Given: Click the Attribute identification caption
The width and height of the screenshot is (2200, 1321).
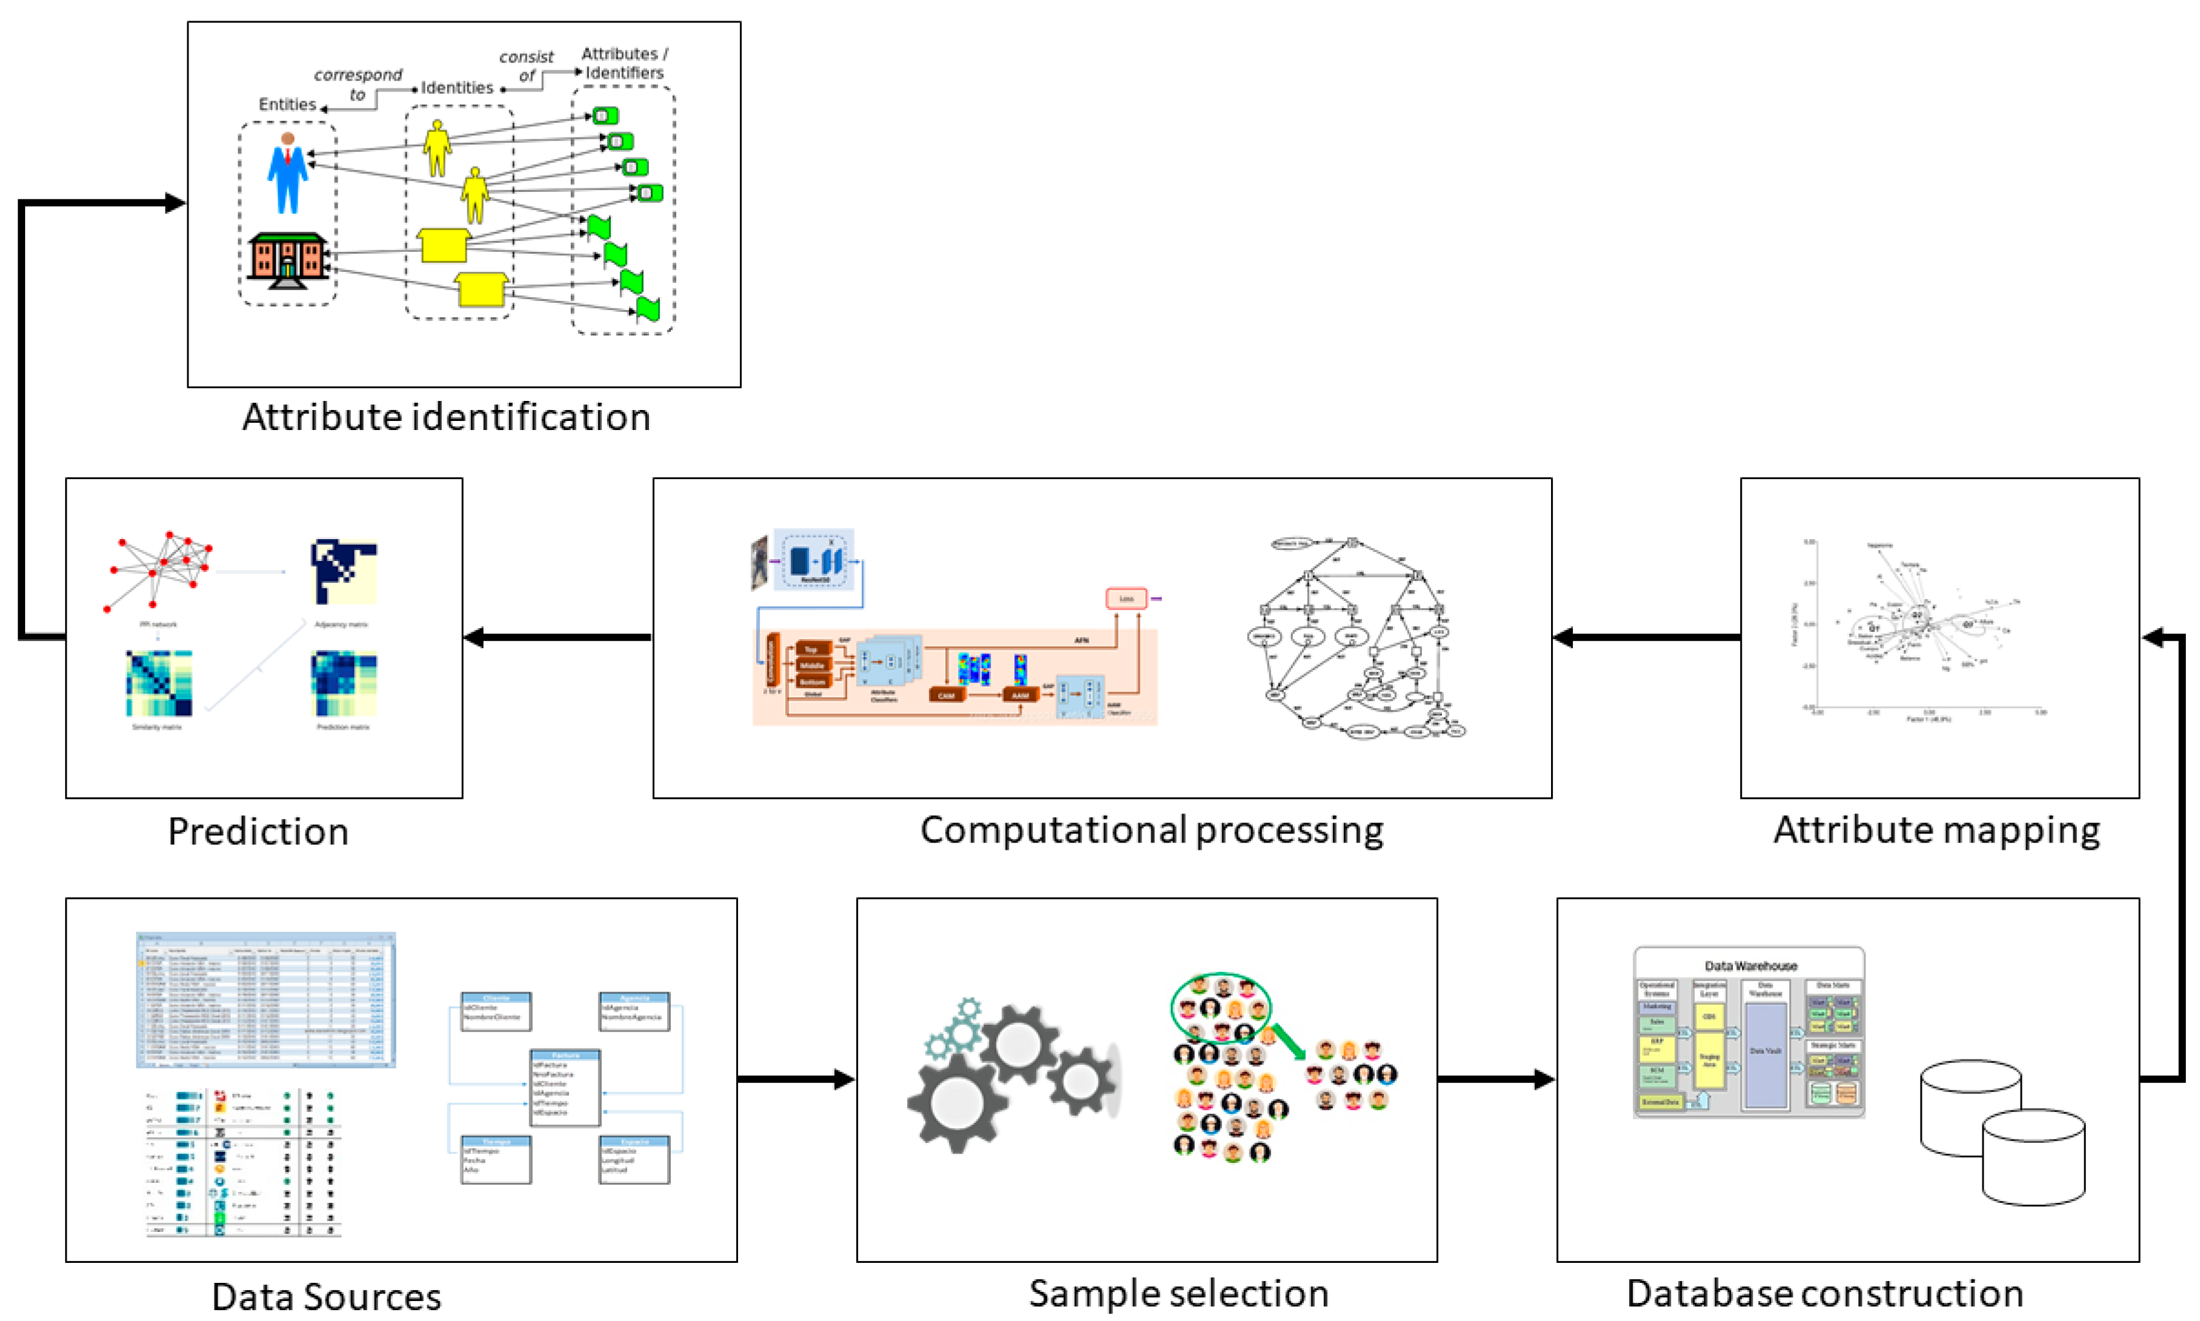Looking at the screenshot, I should tap(446, 416).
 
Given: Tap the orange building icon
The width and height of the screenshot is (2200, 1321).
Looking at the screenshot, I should tap(287, 260).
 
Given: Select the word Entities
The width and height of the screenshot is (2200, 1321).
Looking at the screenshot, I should tap(287, 104).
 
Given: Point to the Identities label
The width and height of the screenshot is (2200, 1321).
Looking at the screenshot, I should tap(457, 87).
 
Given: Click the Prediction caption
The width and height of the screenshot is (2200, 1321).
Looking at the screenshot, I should tap(258, 832).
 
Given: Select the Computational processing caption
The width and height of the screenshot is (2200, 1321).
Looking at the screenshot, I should tap(1151, 830).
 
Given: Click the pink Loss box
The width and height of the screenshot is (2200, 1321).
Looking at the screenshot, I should tap(1126, 598).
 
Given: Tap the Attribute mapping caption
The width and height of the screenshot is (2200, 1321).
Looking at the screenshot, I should tap(1937, 830).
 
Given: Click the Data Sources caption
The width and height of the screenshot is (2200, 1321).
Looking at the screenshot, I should tap(326, 1296).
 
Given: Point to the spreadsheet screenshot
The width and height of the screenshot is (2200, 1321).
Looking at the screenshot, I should tap(265, 999).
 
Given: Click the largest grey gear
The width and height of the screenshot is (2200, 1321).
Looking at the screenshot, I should tap(957, 1102).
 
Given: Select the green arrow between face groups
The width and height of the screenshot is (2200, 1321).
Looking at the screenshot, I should tap(1288, 1041).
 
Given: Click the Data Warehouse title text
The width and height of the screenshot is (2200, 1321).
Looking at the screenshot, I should tap(1749, 966).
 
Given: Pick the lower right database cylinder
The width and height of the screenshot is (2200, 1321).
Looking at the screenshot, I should tap(2033, 1157).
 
